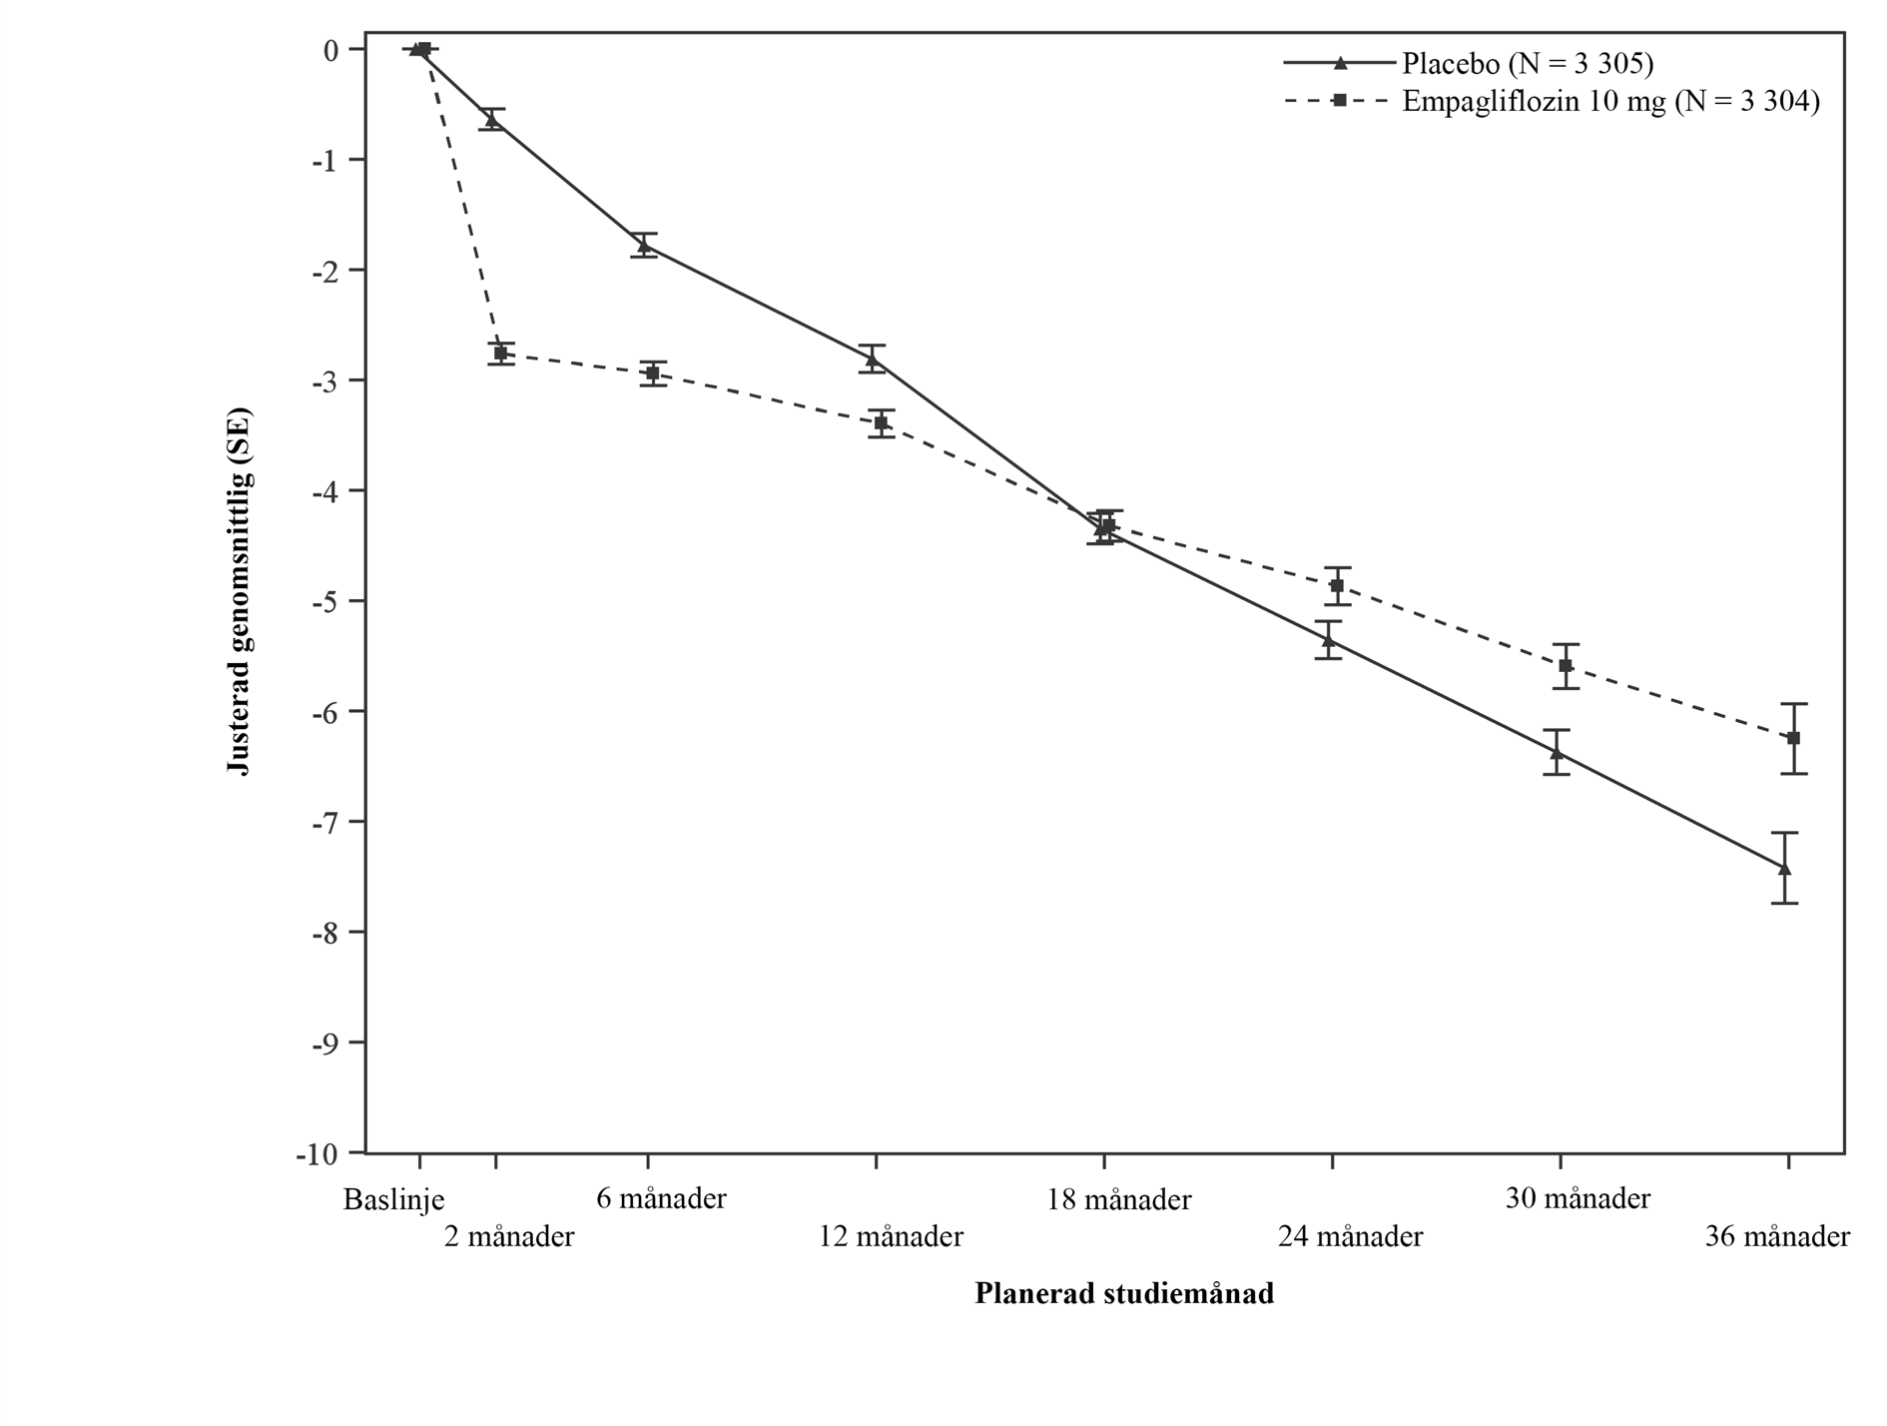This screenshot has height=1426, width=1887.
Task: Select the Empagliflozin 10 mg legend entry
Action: [1609, 102]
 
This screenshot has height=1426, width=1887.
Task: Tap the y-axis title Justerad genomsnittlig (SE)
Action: [240, 590]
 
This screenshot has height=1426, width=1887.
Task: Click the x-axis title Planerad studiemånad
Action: [1124, 1294]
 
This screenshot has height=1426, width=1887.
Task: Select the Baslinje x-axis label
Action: [393, 1199]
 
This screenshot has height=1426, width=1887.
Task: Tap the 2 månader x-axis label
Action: [509, 1237]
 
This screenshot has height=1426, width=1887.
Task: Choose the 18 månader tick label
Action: [1118, 1199]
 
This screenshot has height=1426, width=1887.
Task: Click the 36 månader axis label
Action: [1777, 1237]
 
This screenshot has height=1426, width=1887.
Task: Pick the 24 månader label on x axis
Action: [1350, 1237]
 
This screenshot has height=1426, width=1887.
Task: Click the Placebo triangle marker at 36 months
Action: [1784, 868]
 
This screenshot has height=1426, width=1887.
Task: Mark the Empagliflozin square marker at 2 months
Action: [500, 354]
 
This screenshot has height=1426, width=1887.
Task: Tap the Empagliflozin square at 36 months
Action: [1793, 738]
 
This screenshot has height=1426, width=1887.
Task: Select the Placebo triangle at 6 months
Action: [643, 245]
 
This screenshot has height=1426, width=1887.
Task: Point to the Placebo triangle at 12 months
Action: [872, 358]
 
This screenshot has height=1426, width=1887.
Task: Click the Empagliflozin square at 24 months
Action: [1337, 585]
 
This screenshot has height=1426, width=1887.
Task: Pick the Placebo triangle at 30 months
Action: [1556, 752]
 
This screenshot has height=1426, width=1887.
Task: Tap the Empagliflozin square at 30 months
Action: [1566, 666]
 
